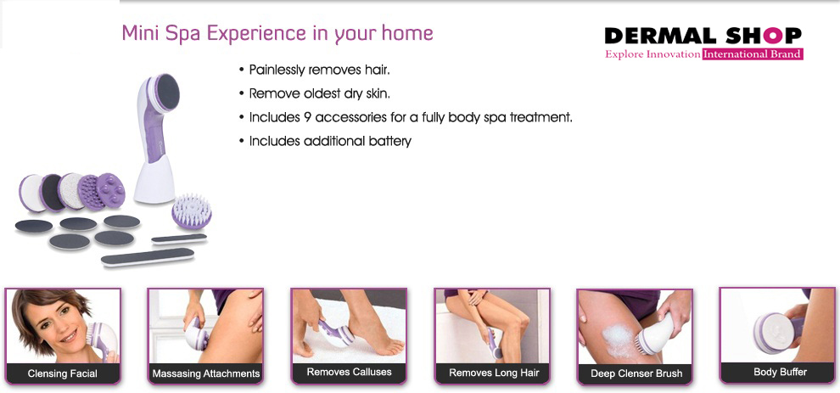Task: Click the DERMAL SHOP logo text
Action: (703, 36)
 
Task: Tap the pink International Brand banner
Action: (752, 54)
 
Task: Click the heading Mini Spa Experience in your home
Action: (277, 33)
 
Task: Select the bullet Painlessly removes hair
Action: (319, 70)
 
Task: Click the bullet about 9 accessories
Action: (410, 117)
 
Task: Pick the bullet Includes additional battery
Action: (329, 141)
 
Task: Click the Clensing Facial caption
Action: (63, 373)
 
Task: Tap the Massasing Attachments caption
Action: (205, 373)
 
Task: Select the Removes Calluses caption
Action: (349, 372)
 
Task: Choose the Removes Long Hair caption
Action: (493, 373)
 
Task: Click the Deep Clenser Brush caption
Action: (636, 373)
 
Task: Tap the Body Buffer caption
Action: (780, 372)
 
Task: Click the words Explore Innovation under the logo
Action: (652, 54)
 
